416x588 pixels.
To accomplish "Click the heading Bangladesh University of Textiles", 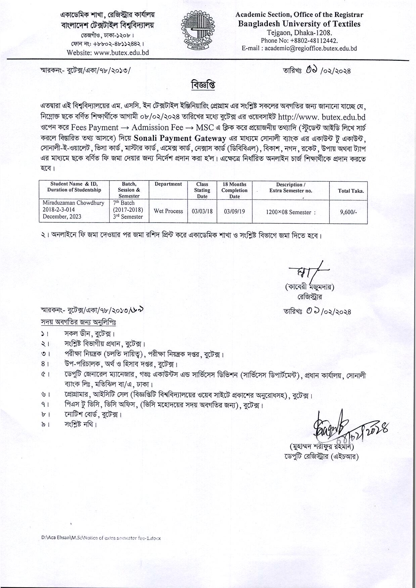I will tap(299, 24).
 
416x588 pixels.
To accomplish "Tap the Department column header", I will tap(168, 184).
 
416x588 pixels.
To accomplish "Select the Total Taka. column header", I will tap(351, 191).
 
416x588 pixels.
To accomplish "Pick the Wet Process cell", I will tap(168, 211).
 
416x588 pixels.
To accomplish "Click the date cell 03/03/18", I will tap(202, 211).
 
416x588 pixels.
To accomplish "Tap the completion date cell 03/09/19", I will tap(234, 211).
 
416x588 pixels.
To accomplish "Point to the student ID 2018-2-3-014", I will tap(59, 210).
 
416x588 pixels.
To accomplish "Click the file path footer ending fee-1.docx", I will tap(101, 538).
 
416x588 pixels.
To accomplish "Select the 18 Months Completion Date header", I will tap(234, 190).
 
